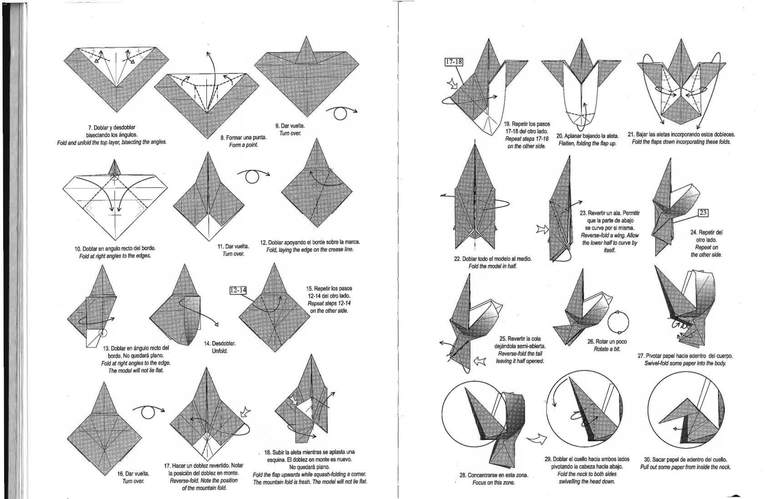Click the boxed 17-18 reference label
(x=454, y=62)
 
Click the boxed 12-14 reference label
(x=238, y=290)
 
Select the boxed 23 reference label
(x=703, y=213)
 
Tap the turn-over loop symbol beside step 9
(x=341, y=113)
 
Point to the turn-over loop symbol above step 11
(x=253, y=176)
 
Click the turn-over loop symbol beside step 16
(x=148, y=412)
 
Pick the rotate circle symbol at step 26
(x=617, y=322)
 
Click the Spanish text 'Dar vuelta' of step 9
(x=290, y=126)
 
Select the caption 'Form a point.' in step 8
(x=244, y=145)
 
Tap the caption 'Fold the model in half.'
(x=492, y=266)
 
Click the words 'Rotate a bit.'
(x=607, y=349)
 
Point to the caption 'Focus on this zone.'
(x=493, y=483)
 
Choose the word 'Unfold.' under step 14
(x=220, y=351)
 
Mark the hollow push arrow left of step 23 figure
(x=542, y=229)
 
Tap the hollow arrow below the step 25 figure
(x=480, y=362)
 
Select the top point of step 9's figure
(x=306, y=36)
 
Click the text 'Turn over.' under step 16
(x=133, y=481)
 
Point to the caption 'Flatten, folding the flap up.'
(x=587, y=143)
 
